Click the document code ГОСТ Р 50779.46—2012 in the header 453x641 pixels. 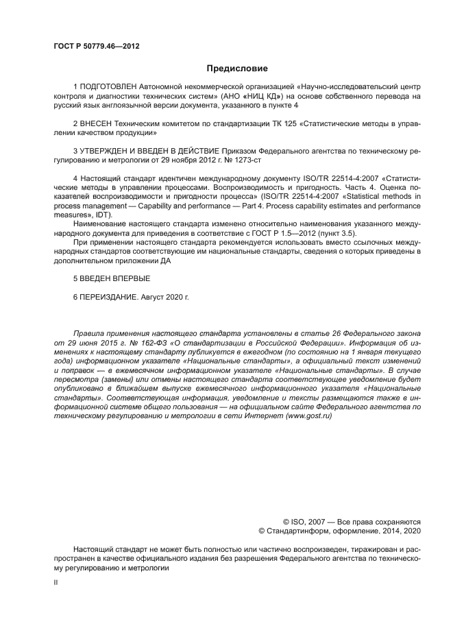(96, 46)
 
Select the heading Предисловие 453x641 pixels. (237, 69)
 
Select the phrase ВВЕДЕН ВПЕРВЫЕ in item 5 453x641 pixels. (114, 278)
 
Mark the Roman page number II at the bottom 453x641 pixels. (56, 581)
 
